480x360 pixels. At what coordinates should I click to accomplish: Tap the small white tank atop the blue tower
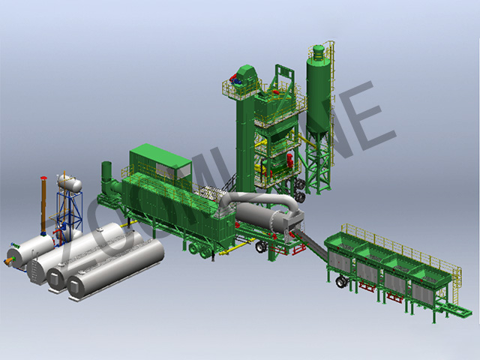[69, 181]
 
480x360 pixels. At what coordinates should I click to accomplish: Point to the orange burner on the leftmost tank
[11, 260]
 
